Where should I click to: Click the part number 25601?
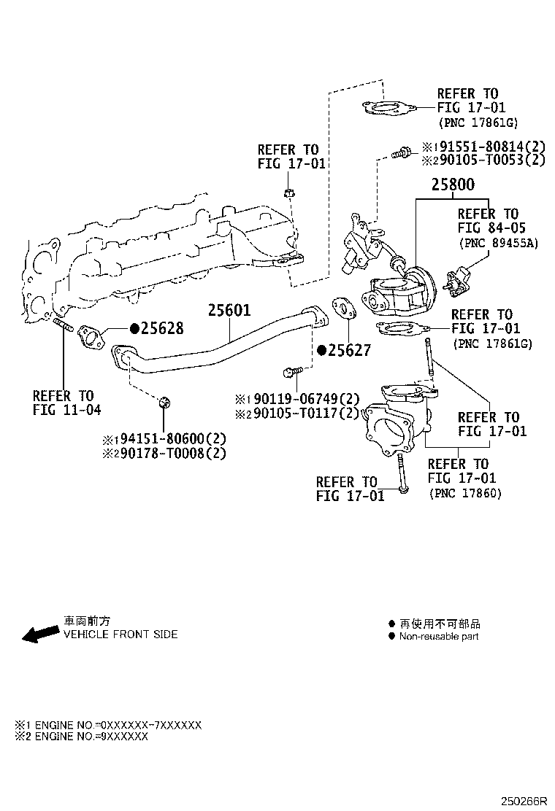229,311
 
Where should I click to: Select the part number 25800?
452,185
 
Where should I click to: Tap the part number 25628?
162,329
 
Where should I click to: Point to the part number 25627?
350,351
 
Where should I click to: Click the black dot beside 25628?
135,329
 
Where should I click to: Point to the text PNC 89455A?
498,243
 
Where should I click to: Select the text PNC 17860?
465,493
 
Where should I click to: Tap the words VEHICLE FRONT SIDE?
120,635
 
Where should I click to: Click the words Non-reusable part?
438,637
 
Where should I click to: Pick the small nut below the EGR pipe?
164,402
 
